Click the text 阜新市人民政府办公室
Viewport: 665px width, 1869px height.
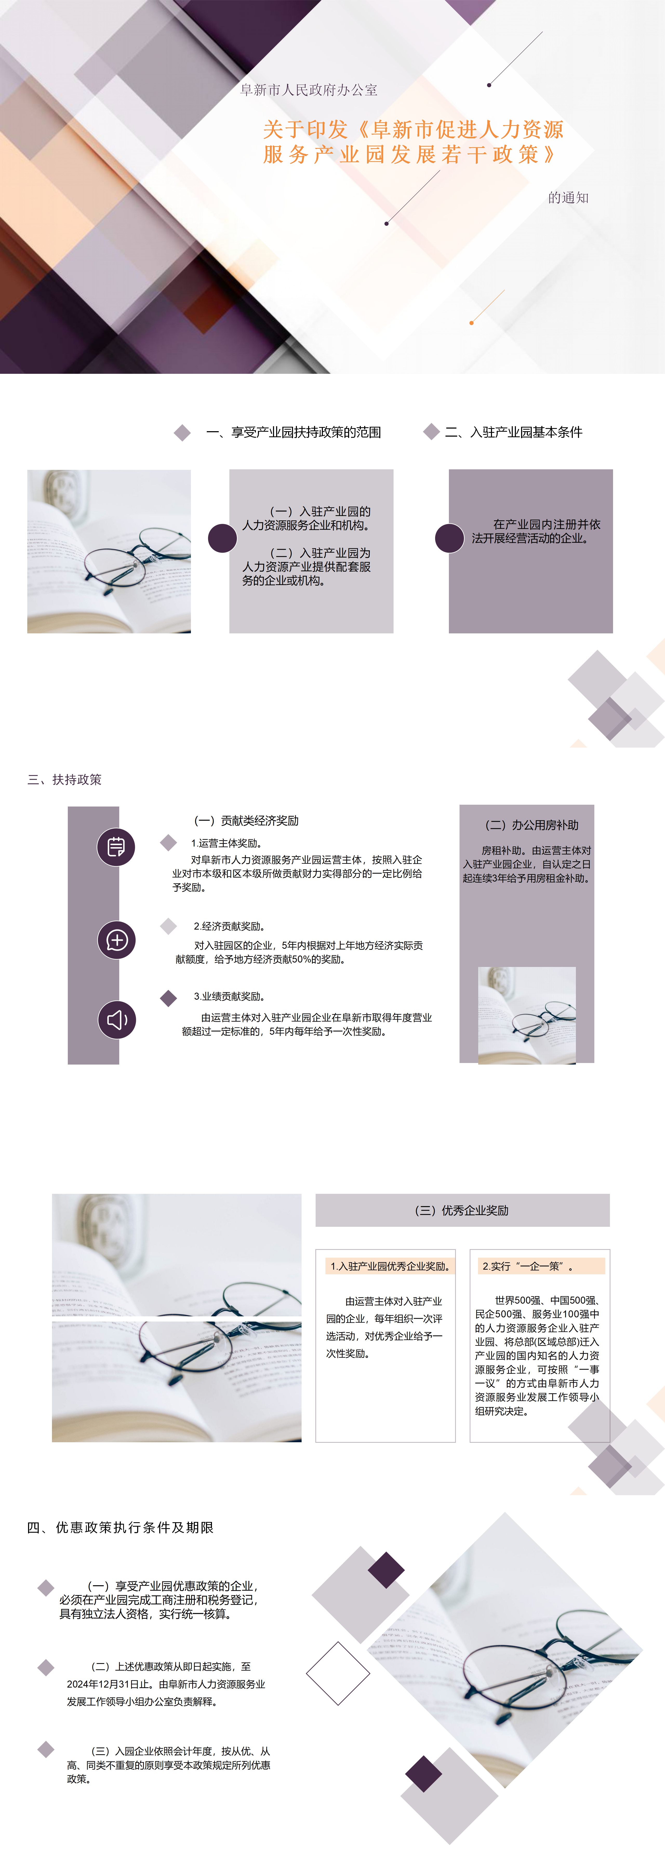[x=309, y=90]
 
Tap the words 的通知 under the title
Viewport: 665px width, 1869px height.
[x=568, y=197]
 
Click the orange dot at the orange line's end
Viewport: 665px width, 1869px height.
[x=471, y=322]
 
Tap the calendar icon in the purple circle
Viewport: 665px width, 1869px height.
[x=116, y=847]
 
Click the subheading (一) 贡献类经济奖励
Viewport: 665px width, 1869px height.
[x=246, y=821]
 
